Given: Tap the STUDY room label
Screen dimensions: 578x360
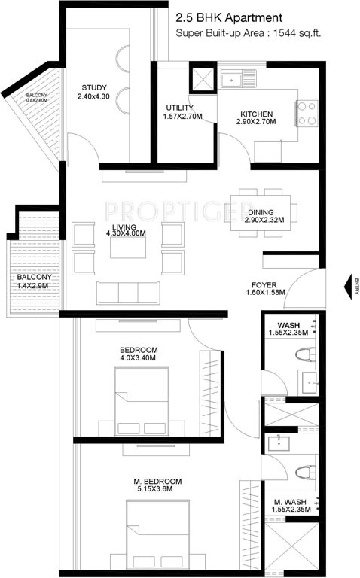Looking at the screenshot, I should pyautogui.click(x=97, y=86).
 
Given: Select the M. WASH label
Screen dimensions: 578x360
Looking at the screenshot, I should pyautogui.click(x=290, y=502).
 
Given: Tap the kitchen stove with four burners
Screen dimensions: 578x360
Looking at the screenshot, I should pyautogui.click(x=307, y=113).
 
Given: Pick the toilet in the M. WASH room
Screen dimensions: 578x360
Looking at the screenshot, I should pyautogui.click(x=304, y=473).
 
